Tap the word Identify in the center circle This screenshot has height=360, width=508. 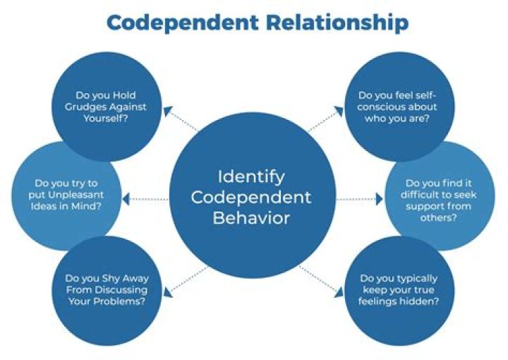[251, 174]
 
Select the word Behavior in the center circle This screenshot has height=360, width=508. [251, 217]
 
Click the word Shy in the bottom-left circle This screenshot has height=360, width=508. [112, 278]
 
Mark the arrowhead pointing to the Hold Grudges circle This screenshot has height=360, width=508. [167, 111]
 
